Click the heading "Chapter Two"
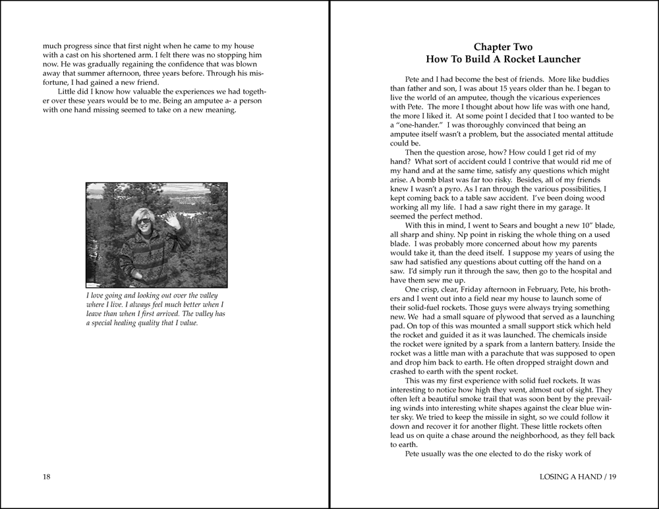(x=503, y=47)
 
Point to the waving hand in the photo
(x=173, y=219)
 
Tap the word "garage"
(x=573, y=207)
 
